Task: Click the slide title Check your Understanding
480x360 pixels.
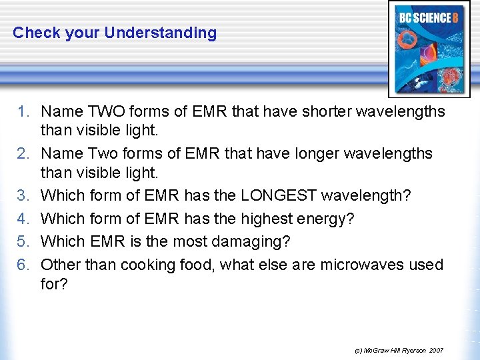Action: click(x=115, y=33)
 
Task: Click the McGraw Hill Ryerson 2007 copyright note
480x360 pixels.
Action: click(x=399, y=350)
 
